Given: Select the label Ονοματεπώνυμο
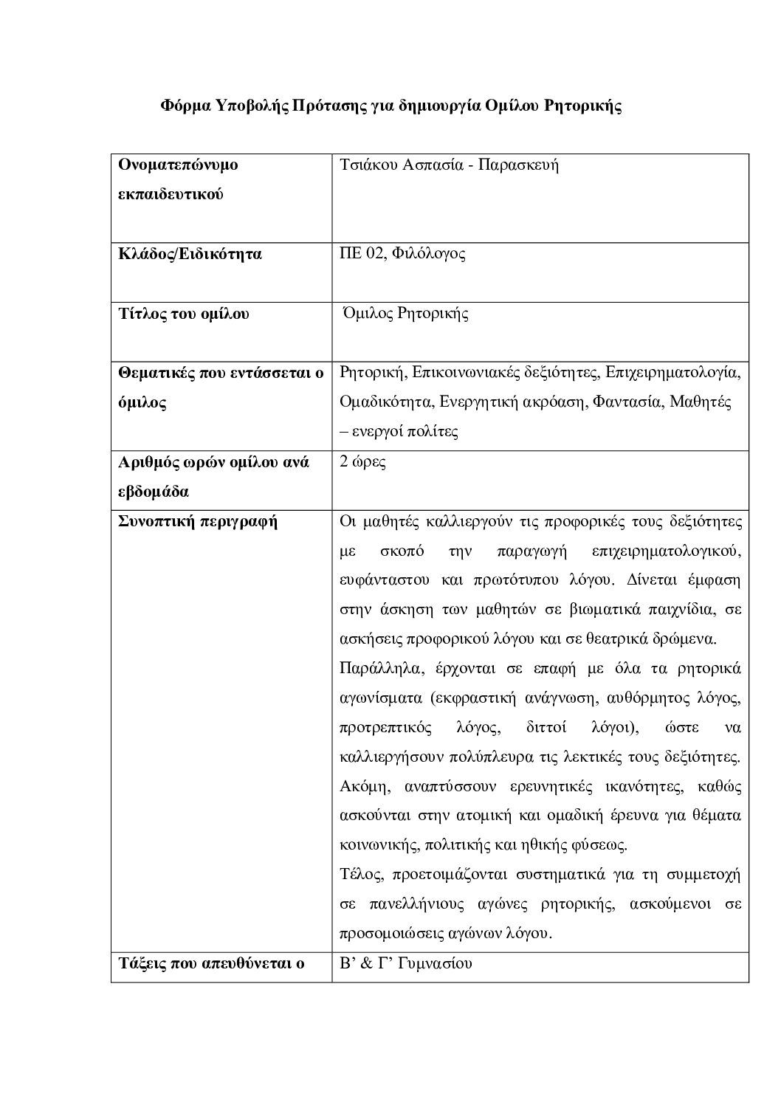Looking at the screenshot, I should tap(178, 164).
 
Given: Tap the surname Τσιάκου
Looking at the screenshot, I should tap(367, 164).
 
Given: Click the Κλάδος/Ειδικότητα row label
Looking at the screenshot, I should tap(190, 254).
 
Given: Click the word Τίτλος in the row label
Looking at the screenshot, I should tap(141, 314).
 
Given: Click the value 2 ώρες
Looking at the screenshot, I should tap(362, 463).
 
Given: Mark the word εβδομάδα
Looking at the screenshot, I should tap(154, 492).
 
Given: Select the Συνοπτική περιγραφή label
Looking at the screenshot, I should tap(198, 522).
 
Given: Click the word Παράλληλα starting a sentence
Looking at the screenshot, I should tap(379, 669).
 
